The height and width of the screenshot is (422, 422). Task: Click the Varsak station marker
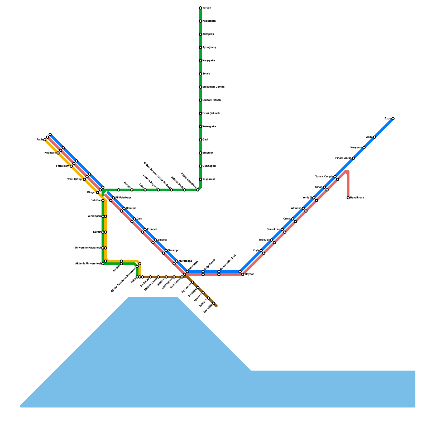pos(200,8)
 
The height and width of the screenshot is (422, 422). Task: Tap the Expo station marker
pos(393,119)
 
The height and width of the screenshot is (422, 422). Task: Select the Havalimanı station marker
pos(348,198)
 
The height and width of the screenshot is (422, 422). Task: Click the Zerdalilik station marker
pos(214,303)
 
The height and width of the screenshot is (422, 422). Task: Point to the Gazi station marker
pos(200,140)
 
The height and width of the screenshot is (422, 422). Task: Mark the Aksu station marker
pos(375,137)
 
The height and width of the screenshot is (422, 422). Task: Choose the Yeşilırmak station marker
pos(200,179)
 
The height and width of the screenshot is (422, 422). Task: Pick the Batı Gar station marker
pos(103,200)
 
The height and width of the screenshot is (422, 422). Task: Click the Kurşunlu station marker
pos(364,148)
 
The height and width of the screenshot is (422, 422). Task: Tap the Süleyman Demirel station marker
pos(200,87)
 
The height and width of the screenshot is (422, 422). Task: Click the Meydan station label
pos(250,274)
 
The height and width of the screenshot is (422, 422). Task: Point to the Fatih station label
pos(40,140)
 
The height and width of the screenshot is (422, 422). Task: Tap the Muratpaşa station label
pos(185,261)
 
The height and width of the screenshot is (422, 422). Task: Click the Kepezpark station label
pos(209,21)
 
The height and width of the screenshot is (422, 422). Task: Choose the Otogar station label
pos(91,193)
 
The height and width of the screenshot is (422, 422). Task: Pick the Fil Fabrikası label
pos(123,198)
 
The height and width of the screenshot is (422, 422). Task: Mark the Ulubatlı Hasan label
pos(212,100)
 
